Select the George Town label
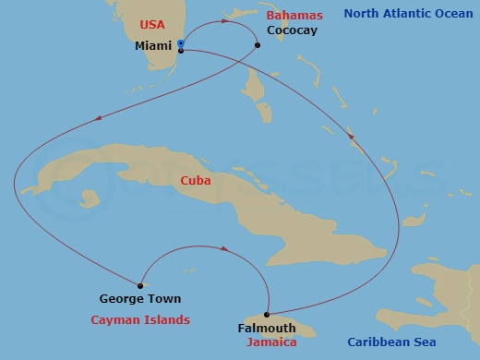tap(140, 299)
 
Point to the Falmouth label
tap(267, 329)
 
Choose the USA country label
tap(153, 24)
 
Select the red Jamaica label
tap(271, 342)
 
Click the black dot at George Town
tap(139, 285)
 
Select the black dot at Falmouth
tap(266, 315)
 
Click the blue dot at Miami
tap(181, 43)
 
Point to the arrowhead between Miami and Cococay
tap(226, 20)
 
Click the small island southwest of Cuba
tap(89, 198)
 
